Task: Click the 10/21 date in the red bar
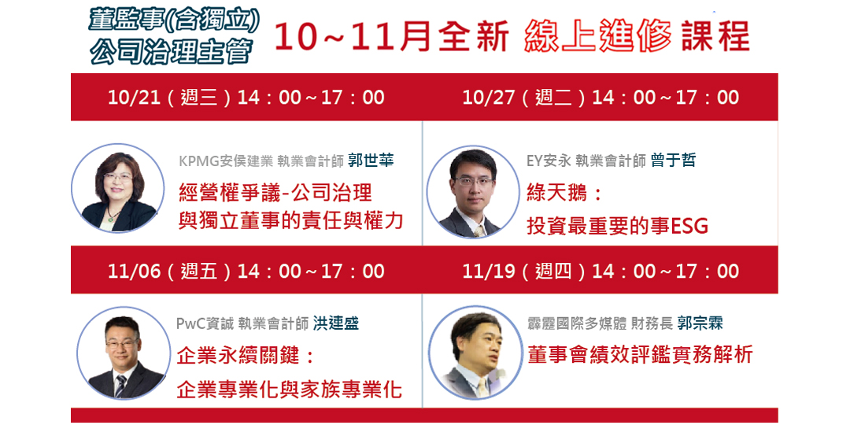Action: [x=134, y=98]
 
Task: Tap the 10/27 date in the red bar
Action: [x=488, y=98]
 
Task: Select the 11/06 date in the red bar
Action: [x=134, y=272]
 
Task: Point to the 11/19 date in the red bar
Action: [x=488, y=272]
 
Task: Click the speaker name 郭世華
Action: [x=371, y=161]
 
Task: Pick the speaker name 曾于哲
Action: [x=673, y=161]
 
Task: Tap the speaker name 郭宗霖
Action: [x=700, y=323]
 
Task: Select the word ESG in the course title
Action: [x=689, y=227]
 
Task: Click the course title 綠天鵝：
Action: [x=564, y=194]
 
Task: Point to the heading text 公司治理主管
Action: [x=171, y=51]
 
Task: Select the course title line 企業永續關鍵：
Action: [x=246, y=357]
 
